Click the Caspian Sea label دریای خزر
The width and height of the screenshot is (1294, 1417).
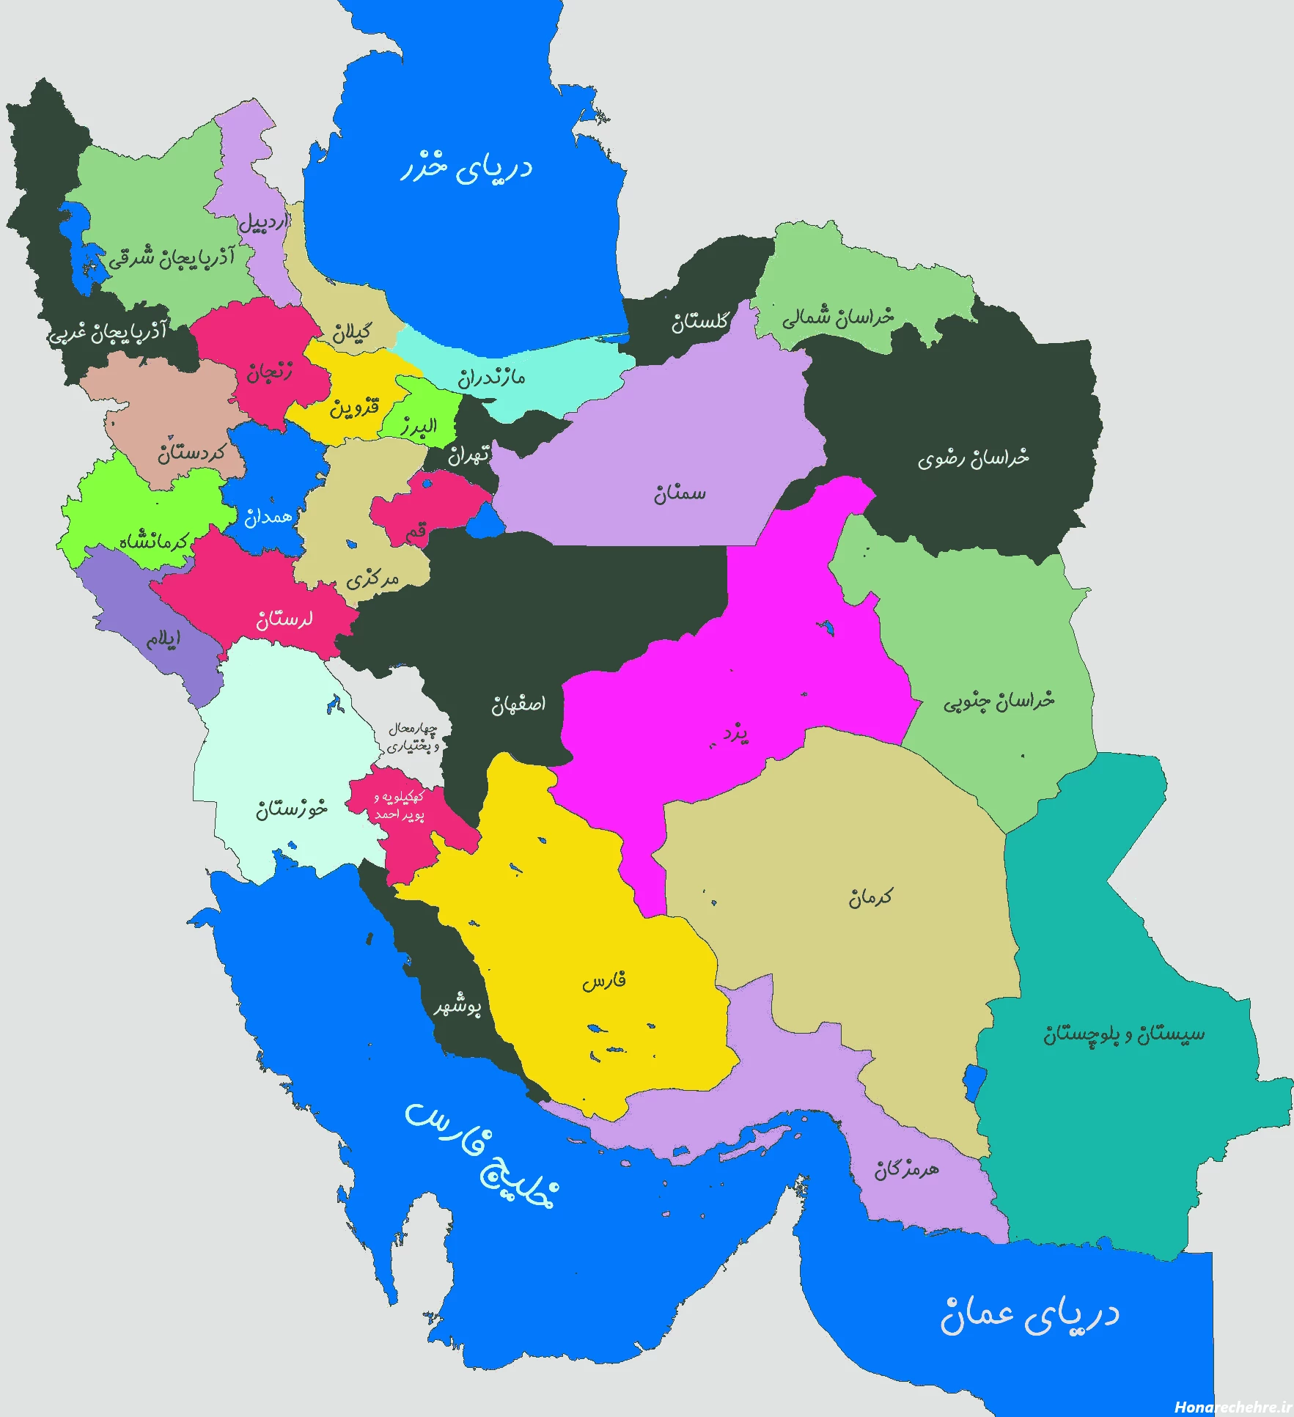click(466, 167)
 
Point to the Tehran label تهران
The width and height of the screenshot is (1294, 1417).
click(469, 455)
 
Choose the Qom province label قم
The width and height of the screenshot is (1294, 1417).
click(416, 533)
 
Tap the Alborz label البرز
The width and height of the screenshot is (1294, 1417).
click(419, 426)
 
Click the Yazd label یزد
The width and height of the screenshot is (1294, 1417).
click(735, 733)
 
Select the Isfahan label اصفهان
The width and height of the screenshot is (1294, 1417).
click(518, 704)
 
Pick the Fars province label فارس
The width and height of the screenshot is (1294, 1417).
click(604, 981)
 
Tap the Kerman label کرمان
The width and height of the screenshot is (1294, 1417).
click(871, 897)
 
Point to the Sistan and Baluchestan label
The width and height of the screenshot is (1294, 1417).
click(1124, 1034)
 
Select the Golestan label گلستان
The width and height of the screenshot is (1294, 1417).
click(700, 321)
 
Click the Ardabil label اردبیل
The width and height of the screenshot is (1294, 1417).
click(262, 221)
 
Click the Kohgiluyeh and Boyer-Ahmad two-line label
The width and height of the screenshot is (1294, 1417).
click(399, 805)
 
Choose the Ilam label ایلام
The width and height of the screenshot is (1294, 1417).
click(163, 639)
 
